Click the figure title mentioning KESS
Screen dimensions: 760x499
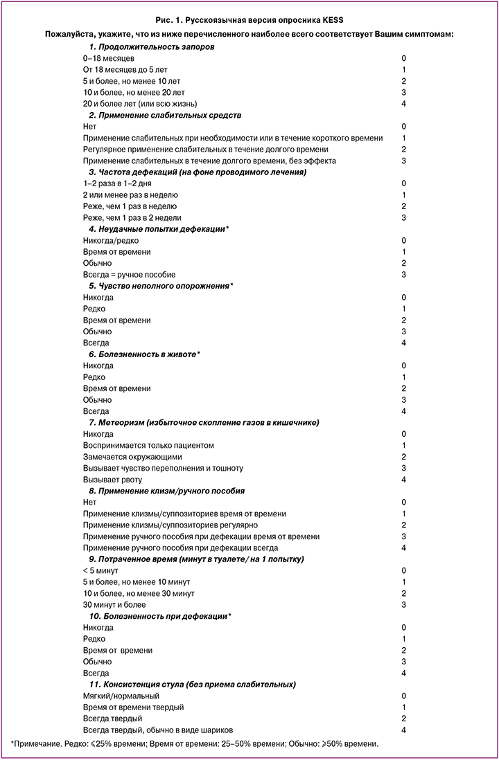click(249, 21)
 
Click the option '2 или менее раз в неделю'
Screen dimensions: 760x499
click(130, 194)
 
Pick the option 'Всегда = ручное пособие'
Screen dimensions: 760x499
click(129, 274)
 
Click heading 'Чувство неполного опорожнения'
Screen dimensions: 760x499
click(161, 286)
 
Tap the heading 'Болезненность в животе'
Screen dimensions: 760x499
click(144, 354)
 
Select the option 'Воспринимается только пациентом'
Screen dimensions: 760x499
click(148, 445)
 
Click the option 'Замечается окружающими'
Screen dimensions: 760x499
click(132, 457)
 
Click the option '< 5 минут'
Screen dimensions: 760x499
click(100, 570)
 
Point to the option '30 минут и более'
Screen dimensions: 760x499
click(114, 604)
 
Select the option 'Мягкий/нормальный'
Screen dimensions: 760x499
click(121, 696)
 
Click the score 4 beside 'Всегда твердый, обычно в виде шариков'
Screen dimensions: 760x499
click(403, 730)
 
